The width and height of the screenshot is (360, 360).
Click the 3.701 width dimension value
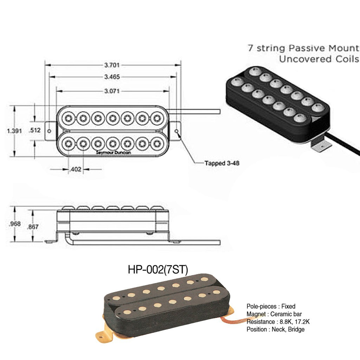112,65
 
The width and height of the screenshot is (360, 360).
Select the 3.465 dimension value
112,76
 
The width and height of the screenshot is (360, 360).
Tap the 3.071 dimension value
112,91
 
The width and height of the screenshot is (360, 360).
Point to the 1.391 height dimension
14,131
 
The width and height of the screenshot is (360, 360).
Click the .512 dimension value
35,130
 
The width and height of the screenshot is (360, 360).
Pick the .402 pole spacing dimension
76,169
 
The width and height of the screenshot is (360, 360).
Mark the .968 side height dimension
15,224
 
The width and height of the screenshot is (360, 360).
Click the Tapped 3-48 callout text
222,163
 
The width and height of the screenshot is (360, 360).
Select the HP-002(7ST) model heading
158,270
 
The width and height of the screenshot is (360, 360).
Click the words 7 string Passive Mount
303,48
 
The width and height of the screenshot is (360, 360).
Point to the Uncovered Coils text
319,59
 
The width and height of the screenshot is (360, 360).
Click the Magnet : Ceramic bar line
274,314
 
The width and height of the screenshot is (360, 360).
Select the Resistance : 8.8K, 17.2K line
278,322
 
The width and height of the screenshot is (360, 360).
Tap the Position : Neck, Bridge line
276,329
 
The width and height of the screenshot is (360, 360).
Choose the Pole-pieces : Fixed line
271,306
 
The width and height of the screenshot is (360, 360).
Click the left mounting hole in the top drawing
49,131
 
